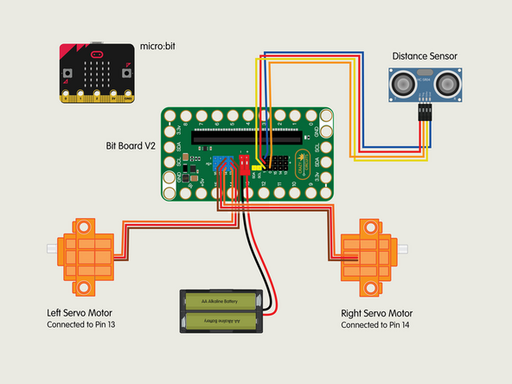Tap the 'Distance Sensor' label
424,56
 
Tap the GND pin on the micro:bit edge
126,97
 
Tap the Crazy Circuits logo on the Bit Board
306,162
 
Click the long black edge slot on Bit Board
246,137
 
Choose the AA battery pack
221,310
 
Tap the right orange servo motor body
369,249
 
